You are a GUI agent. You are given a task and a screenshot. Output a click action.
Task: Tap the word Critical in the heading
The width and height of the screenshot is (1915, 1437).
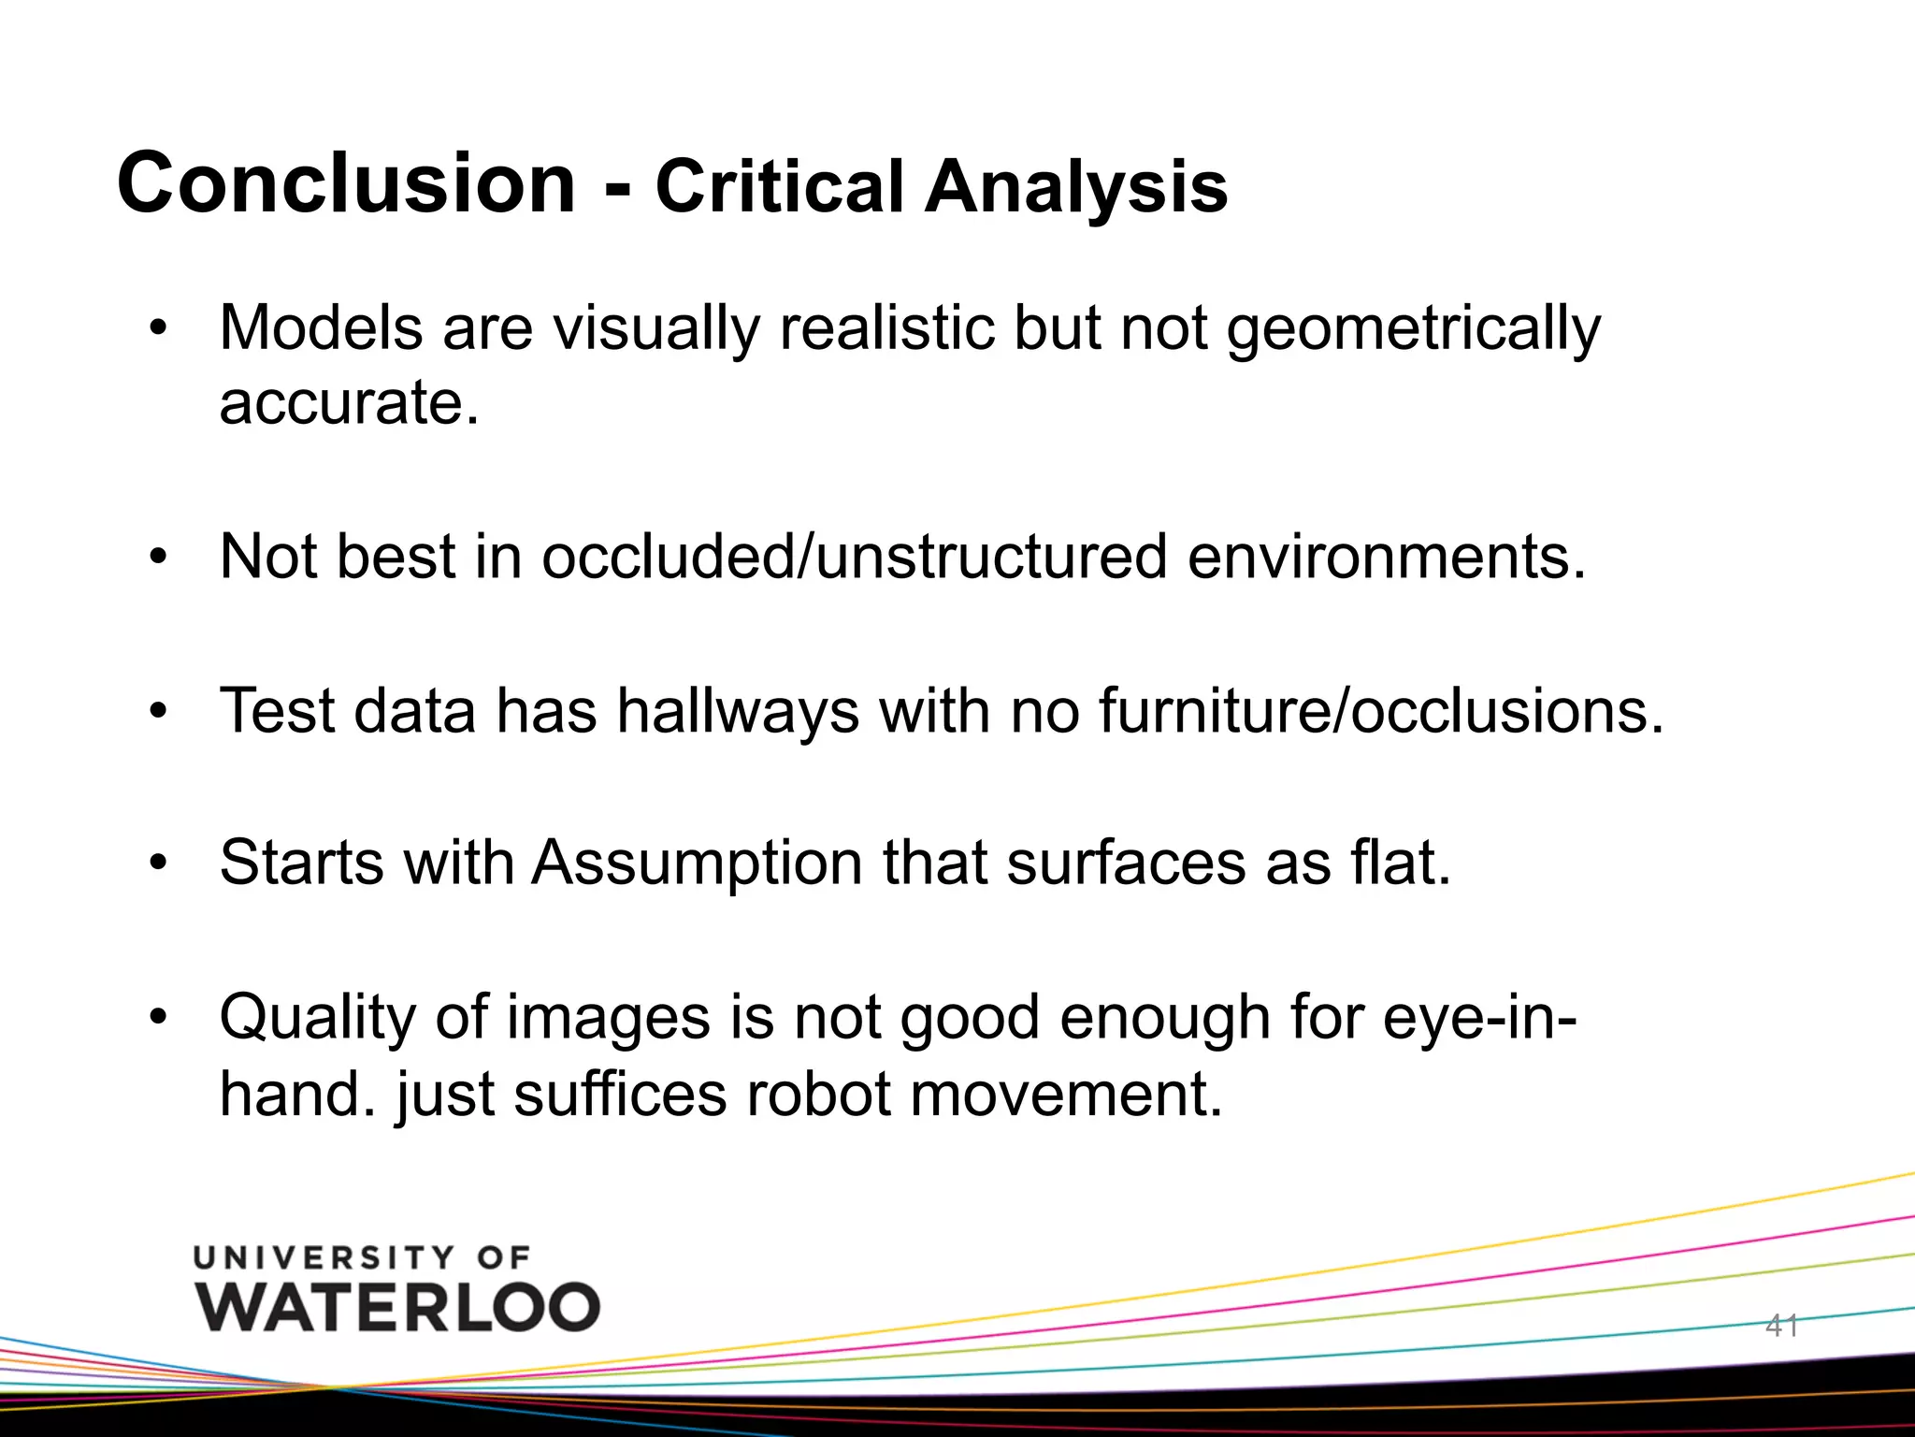click(x=779, y=186)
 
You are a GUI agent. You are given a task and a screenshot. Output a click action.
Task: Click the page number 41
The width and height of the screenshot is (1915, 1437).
click(x=1781, y=1325)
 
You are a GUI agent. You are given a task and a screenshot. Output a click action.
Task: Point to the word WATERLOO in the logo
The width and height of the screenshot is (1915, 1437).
click(x=397, y=1307)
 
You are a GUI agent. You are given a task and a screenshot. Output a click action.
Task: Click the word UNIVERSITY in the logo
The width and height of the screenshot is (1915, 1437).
click(x=324, y=1257)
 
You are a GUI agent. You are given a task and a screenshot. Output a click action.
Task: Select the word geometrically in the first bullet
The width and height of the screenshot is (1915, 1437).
click(x=1413, y=329)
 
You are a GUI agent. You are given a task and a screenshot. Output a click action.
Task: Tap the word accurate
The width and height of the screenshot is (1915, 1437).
click(x=348, y=402)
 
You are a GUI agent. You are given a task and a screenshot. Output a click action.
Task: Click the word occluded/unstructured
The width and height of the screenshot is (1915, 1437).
click(x=854, y=557)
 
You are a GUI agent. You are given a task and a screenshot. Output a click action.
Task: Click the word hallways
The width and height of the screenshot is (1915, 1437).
click(x=737, y=711)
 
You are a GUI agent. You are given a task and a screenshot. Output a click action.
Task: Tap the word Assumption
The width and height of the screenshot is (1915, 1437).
click(x=697, y=862)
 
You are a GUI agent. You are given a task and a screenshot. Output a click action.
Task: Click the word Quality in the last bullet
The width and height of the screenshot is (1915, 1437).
click(x=317, y=1018)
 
